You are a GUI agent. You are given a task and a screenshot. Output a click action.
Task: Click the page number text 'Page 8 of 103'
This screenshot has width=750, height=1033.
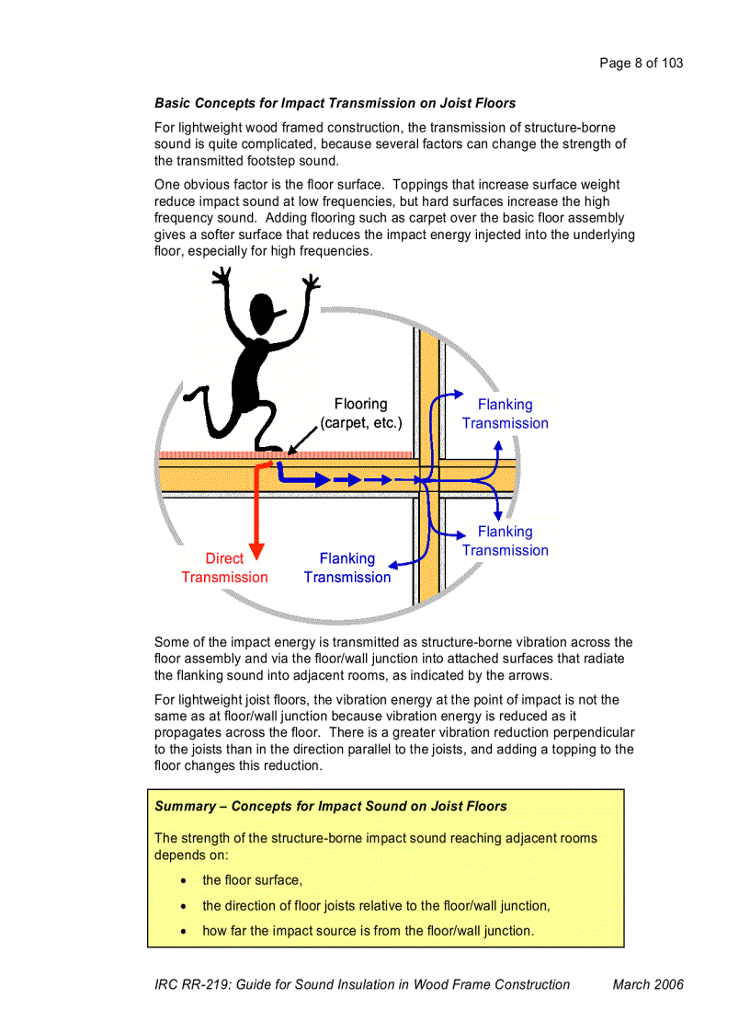[641, 63]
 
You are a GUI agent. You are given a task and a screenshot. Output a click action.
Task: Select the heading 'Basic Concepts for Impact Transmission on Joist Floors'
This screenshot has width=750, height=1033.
[335, 103]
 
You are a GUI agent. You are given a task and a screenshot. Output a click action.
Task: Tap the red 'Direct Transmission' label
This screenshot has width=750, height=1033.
[224, 568]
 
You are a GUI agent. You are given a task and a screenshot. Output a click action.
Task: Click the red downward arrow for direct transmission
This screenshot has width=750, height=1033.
[256, 515]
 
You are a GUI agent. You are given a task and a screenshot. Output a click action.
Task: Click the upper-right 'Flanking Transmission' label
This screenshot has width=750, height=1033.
[505, 414]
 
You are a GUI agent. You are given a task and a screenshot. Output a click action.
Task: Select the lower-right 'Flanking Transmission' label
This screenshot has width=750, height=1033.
[505, 541]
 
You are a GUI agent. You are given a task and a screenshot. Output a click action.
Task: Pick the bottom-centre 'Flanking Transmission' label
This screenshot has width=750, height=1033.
[347, 568]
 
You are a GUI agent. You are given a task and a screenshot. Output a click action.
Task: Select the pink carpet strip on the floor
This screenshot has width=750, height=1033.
[349, 454]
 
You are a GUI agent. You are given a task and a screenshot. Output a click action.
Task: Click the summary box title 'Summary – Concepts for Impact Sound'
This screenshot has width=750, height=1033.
[330, 806]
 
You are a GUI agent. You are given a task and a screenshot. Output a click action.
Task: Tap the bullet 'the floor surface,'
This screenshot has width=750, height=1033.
[252, 880]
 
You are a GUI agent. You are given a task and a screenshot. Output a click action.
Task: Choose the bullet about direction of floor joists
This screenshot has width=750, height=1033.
[375, 905]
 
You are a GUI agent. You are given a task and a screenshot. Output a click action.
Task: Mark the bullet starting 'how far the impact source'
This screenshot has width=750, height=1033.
[367, 930]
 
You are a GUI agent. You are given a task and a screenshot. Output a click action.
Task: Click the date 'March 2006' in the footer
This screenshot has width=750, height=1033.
[648, 984]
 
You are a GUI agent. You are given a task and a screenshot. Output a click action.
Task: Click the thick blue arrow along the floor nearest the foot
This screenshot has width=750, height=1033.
[303, 478]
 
